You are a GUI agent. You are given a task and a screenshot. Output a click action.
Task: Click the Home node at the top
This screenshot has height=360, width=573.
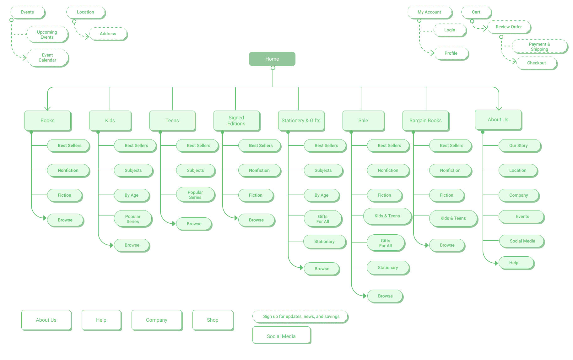(272, 59)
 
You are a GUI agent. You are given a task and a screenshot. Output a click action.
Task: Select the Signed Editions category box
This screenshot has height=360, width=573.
(236, 121)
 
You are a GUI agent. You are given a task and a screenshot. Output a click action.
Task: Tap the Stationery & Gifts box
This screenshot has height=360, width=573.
(301, 121)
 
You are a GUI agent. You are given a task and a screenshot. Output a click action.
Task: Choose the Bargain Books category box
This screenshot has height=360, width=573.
(425, 121)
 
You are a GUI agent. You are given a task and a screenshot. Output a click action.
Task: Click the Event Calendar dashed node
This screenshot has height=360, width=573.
(47, 57)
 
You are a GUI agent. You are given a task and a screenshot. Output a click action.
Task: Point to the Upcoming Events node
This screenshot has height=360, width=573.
(47, 35)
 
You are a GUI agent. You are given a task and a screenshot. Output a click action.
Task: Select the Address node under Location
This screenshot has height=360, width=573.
(108, 34)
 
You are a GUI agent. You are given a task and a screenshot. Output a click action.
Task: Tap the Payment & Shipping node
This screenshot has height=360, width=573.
(539, 47)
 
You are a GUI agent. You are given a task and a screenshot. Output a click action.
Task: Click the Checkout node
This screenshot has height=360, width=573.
(536, 63)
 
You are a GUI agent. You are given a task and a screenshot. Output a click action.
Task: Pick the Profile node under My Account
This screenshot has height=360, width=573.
(451, 53)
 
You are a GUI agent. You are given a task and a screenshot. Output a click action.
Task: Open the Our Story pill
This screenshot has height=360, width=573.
(519, 146)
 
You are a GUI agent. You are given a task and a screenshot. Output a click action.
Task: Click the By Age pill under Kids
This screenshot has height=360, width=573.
(132, 195)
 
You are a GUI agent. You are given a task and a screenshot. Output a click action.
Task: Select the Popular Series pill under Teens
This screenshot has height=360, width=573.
(195, 195)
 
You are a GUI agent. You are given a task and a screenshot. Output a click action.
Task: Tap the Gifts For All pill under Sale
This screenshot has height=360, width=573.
(386, 243)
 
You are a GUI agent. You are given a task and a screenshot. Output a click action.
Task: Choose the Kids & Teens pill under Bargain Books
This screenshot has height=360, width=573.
(453, 218)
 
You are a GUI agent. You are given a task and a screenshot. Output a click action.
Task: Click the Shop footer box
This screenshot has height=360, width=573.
(213, 320)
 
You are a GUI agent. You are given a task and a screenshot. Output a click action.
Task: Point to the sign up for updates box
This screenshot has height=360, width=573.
(301, 317)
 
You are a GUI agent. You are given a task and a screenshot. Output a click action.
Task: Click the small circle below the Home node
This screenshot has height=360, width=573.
(273, 68)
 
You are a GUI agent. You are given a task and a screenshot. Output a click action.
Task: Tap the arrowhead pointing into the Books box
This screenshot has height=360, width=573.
(47, 108)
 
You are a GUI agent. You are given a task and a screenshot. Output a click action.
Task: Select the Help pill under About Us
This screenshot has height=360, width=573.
(514, 263)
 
